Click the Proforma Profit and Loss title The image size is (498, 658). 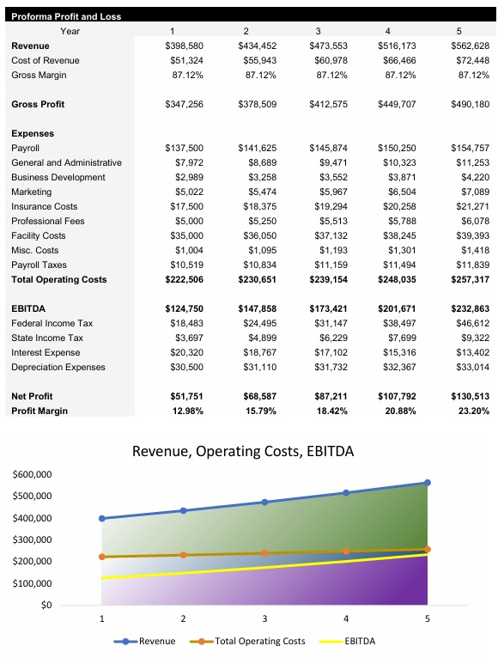[x=66, y=16]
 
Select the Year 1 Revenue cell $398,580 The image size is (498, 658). [x=184, y=46]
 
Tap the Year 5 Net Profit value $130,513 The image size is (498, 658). [x=470, y=396]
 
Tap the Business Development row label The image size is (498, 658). [x=58, y=177]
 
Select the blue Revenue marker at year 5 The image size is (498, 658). [x=427, y=483]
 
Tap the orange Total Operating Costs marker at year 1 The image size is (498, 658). [x=102, y=557]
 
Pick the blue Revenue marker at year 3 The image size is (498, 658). [x=264, y=502]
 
